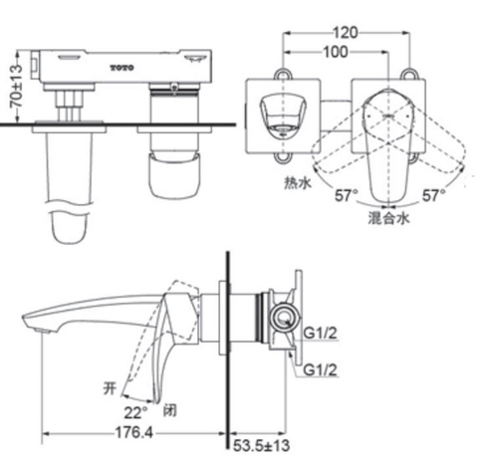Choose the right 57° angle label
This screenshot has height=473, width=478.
431,195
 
